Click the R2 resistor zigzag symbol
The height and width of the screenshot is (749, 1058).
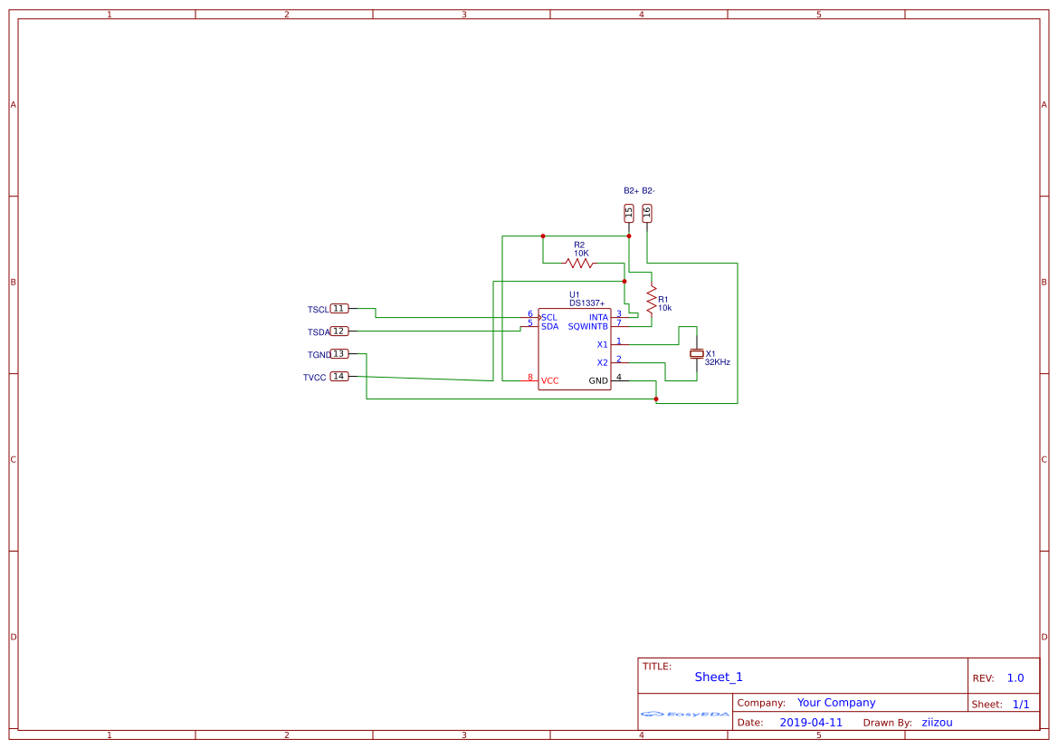[x=579, y=264]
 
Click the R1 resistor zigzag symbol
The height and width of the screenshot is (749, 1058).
[x=651, y=296]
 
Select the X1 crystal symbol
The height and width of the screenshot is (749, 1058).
[x=696, y=353]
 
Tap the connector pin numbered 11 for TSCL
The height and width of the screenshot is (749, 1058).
[x=339, y=309]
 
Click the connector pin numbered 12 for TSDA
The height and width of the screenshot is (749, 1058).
[x=339, y=331]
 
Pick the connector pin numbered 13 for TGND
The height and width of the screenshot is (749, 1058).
[x=339, y=354]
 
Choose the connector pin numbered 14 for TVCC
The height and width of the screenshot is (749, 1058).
[x=339, y=377]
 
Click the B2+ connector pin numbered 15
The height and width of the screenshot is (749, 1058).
[x=629, y=213]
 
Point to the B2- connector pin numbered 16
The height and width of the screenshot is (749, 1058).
[x=647, y=213]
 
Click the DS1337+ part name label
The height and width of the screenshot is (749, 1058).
[x=586, y=303]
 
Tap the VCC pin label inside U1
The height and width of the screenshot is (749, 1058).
[x=549, y=381]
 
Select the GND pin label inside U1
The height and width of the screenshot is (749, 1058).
[x=598, y=381]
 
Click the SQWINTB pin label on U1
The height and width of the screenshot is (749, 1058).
[x=587, y=327]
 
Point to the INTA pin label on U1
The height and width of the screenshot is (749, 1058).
[x=598, y=317]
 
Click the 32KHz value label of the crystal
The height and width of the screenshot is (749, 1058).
[x=717, y=362]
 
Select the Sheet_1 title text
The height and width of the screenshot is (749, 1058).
[x=719, y=677]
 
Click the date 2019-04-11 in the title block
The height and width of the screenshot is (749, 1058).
[x=810, y=723]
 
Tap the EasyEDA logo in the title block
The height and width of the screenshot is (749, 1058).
[x=684, y=714]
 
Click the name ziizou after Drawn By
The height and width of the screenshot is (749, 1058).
[x=937, y=723]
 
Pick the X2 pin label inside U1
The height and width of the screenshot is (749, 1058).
[x=602, y=363]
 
